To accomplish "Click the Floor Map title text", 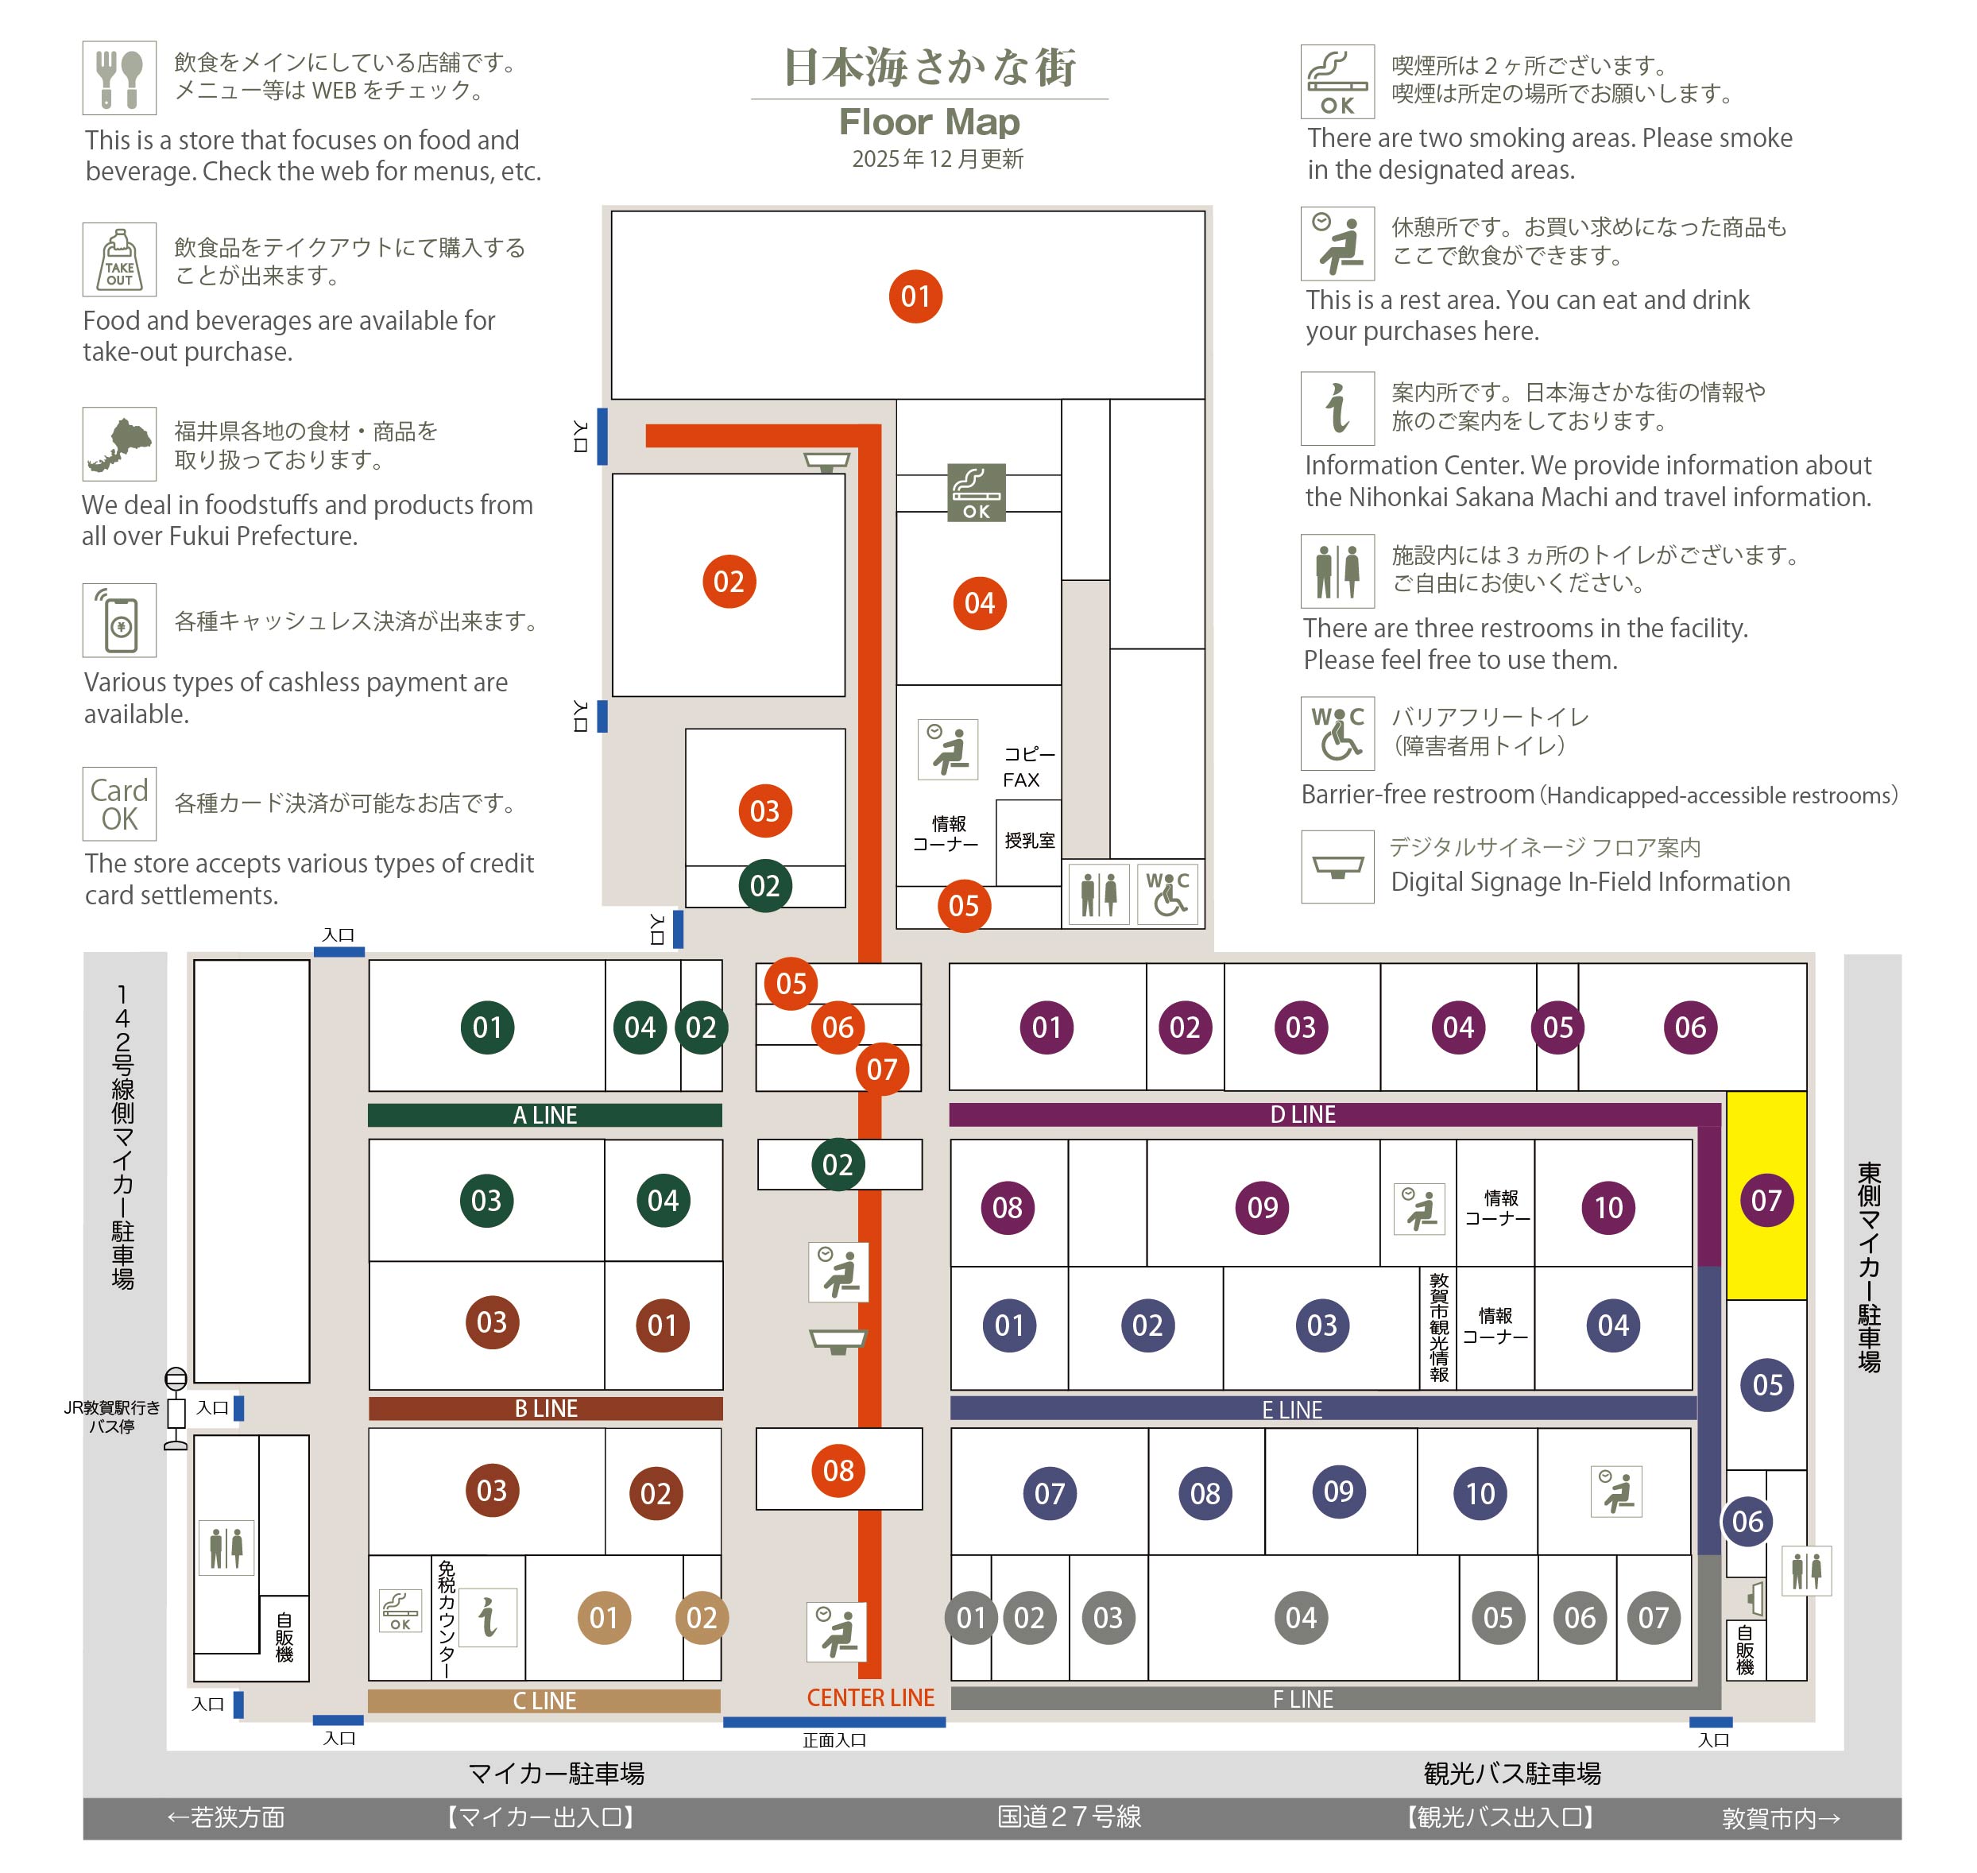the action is pos(929,122).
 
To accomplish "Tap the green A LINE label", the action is pos(544,1115).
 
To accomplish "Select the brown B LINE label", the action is pos(545,1408).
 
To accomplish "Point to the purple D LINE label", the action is pos(1302,1114).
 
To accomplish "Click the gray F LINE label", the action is pos(1302,1698).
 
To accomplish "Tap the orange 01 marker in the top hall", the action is pos(915,296).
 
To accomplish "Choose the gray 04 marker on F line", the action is pos(1300,1617).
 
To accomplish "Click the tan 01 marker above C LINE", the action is pos(603,1617).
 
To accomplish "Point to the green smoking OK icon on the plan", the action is pos(976,492).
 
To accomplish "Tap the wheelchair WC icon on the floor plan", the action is pos(1166,893).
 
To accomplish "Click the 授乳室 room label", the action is pos(1030,840).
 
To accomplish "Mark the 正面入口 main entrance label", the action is pos(834,1740).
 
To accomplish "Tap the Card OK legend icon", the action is pos(119,803).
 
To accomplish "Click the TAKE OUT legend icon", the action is pos(119,258).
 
